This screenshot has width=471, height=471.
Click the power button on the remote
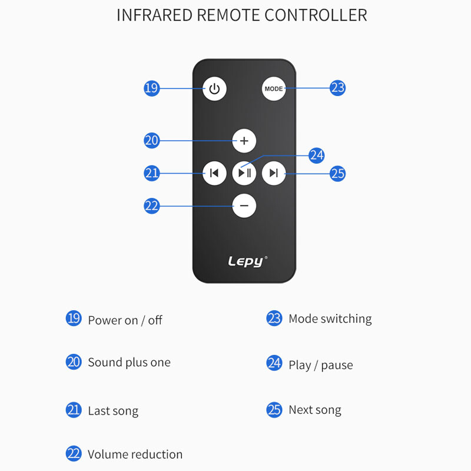click(x=214, y=89)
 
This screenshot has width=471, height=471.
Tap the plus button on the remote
click(x=244, y=141)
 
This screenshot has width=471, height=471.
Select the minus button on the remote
click(x=244, y=206)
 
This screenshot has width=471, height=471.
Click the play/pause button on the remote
click(x=244, y=173)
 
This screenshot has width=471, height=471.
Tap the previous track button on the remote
click(x=214, y=173)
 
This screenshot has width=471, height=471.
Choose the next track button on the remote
click(x=274, y=173)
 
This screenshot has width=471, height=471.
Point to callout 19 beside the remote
click(x=151, y=88)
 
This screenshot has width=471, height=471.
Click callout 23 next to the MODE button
click(x=337, y=88)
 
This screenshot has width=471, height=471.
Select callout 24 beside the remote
click(x=317, y=155)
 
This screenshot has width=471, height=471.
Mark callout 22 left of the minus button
click(x=151, y=206)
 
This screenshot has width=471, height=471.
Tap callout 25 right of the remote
click(x=337, y=174)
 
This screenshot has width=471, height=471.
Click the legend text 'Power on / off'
click(x=125, y=320)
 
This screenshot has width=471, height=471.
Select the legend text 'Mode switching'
click(x=330, y=319)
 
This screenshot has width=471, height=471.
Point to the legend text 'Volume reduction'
click(x=135, y=455)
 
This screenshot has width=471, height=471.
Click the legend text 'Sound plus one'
click(x=129, y=363)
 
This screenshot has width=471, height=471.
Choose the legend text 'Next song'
click(x=314, y=410)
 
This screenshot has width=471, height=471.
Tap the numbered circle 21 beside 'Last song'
click(x=74, y=410)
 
